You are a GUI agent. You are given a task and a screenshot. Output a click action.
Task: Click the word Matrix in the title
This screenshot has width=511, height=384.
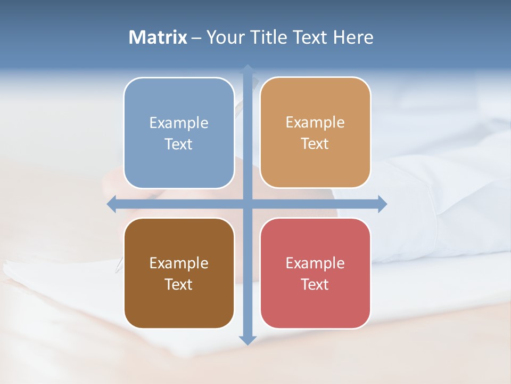tap(158, 37)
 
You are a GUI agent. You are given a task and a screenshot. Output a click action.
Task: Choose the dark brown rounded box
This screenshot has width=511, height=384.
tap(179, 304)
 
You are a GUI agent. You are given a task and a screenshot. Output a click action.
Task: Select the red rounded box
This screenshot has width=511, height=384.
tap(315, 304)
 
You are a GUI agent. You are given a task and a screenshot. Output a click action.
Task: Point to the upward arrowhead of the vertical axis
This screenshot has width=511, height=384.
tap(248, 69)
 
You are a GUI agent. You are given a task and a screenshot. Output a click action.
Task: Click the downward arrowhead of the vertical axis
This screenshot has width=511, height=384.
tap(248, 340)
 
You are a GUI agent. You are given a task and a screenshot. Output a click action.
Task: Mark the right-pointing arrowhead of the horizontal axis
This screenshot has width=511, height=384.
tap(382, 204)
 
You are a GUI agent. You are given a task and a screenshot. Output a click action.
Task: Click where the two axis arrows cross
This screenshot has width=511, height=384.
tap(248, 204)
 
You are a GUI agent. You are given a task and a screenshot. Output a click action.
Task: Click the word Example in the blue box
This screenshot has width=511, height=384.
tap(179, 123)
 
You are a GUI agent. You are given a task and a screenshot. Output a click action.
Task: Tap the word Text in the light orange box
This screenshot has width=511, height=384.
tap(315, 144)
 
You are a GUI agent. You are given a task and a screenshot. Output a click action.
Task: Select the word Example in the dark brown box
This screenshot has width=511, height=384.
tap(179, 263)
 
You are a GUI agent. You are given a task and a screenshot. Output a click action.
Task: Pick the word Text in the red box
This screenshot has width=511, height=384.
tap(315, 284)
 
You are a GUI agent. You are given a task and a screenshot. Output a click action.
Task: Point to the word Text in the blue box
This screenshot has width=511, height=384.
tap(179, 145)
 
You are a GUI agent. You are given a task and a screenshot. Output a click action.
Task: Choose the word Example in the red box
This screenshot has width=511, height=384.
tap(315, 263)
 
